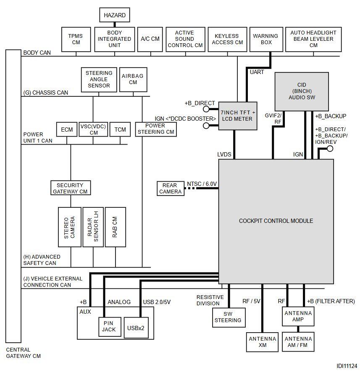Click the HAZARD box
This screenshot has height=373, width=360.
click(115, 15)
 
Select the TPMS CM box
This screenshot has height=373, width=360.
click(76, 39)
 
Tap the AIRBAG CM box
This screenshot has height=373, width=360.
click(133, 79)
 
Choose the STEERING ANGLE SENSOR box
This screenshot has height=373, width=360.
click(99, 79)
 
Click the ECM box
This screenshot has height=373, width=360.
click(67, 130)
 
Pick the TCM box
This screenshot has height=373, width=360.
click(120, 130)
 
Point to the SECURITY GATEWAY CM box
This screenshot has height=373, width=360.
click(71, 188)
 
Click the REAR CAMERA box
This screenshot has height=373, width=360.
click(171, 188)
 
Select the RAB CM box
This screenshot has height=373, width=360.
click(115, 227)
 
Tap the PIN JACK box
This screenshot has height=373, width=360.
click(110, 327)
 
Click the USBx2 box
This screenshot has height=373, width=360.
click(136, 328)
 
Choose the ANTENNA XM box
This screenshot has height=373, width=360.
click(262, 342)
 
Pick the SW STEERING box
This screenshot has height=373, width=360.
click(229, 317)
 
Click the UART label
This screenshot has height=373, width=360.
click(257, 72)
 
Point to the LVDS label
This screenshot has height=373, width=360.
click(224, 154)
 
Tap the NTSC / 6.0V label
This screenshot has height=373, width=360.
click(202, 184)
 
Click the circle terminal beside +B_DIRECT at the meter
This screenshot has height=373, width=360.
click(206, 109)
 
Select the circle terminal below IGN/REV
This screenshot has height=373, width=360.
click(330, 149)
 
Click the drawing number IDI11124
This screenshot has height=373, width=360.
click(347, 366)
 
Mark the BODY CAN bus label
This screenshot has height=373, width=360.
click(37, 53)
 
